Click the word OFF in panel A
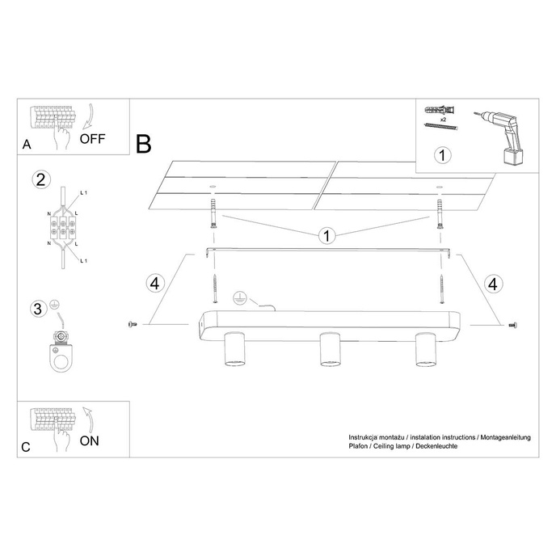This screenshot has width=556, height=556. click(92, 137)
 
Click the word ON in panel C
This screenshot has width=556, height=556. click(91, 440)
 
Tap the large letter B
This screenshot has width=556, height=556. click(144, 145)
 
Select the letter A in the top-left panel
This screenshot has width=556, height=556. click(27, 145)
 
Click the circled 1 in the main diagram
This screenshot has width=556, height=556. click(326, 236)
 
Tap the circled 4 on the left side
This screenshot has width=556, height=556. click(156, 284)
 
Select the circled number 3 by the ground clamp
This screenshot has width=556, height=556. click(36, 309)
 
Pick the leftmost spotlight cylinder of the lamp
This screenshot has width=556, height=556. click(234, 349)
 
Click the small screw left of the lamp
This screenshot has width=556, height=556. click(133, 324)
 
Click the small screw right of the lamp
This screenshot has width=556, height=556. click(512, 324)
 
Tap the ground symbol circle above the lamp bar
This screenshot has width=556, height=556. click(238, 297)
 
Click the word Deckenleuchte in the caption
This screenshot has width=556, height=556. click(437, 445)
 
